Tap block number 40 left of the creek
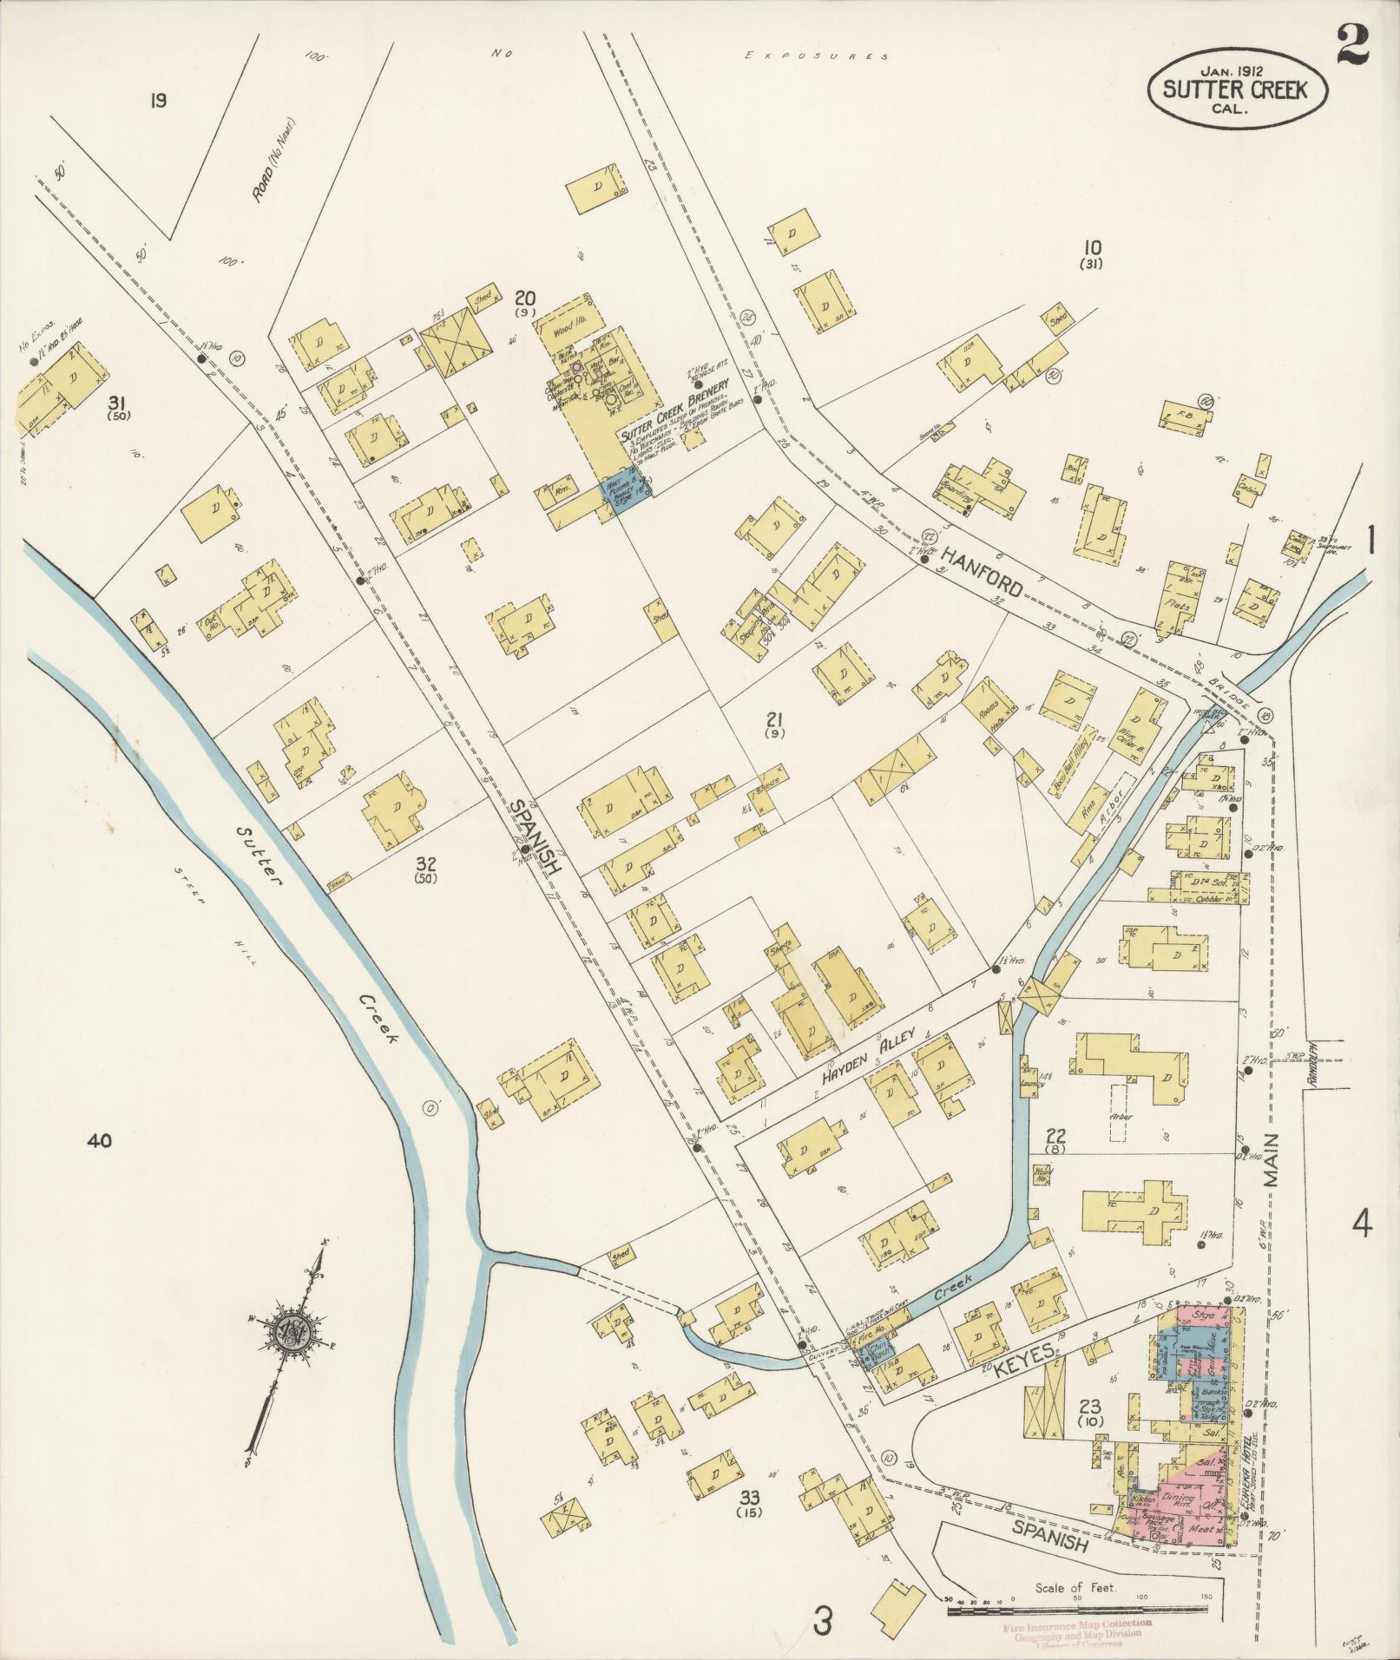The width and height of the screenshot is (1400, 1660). [x=100, y=1141]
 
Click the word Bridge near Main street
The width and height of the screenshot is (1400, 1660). [x=1233, y=693]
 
